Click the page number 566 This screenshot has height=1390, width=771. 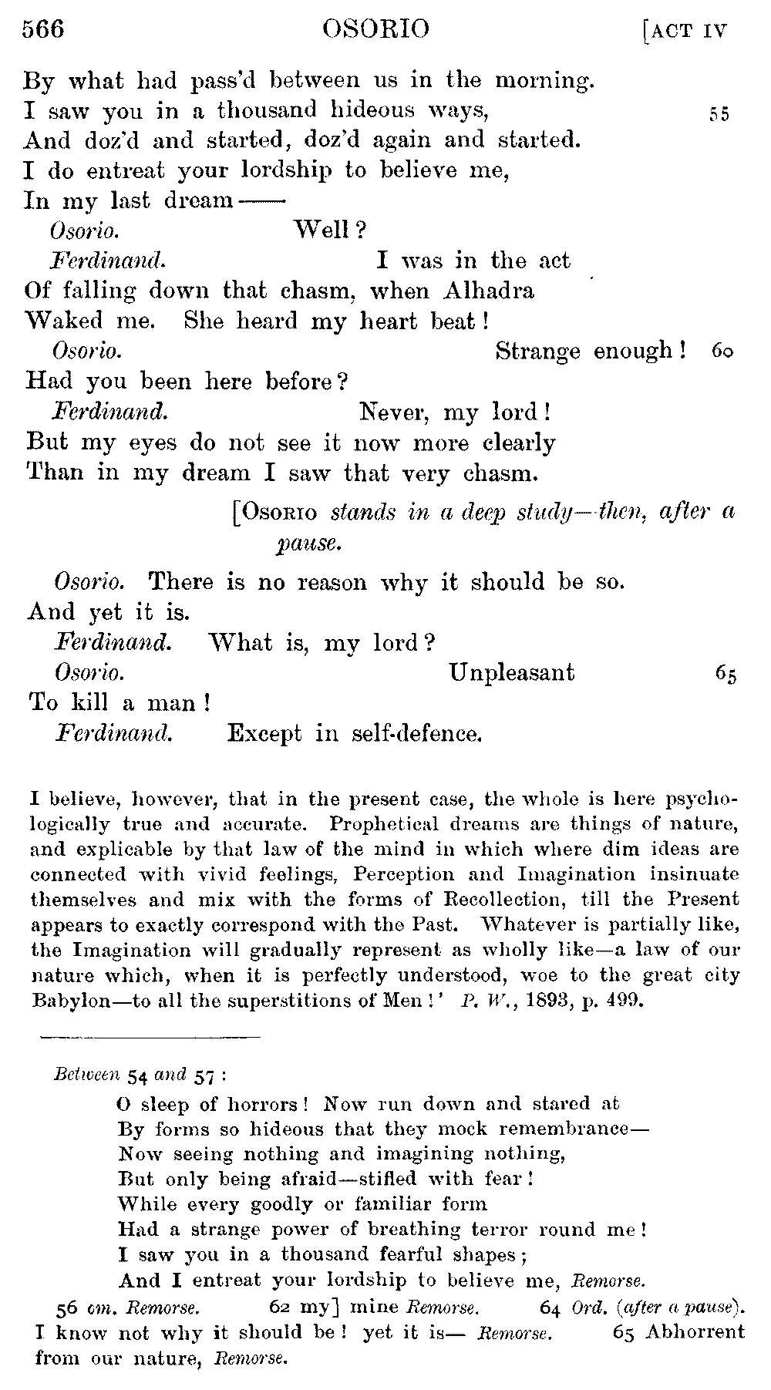click(43, 29)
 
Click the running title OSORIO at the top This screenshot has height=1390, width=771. click(375, 29)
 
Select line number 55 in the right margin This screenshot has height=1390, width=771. click(719, 114)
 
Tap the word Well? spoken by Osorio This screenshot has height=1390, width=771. click(330, 230)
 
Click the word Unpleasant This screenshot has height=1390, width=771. click(511, 672)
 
